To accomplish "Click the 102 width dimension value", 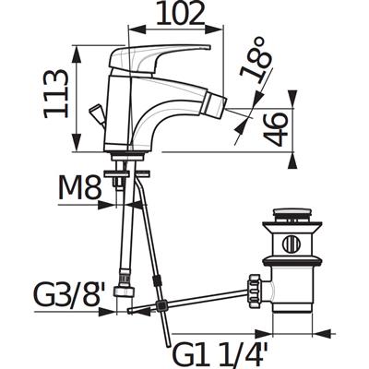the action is coord(180,13).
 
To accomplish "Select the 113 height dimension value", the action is coord(55,94).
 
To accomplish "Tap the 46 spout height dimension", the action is coord(276,129).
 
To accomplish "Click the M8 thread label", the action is coord(80,186).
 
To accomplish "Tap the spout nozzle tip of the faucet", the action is coord(217,104).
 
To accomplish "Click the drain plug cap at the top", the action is coord(292,212).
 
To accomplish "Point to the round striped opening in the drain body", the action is coord(292,244).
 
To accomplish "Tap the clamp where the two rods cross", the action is coord(161,305).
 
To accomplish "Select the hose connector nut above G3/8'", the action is coord(124,291).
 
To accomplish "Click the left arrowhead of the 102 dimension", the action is coord(137,30).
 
